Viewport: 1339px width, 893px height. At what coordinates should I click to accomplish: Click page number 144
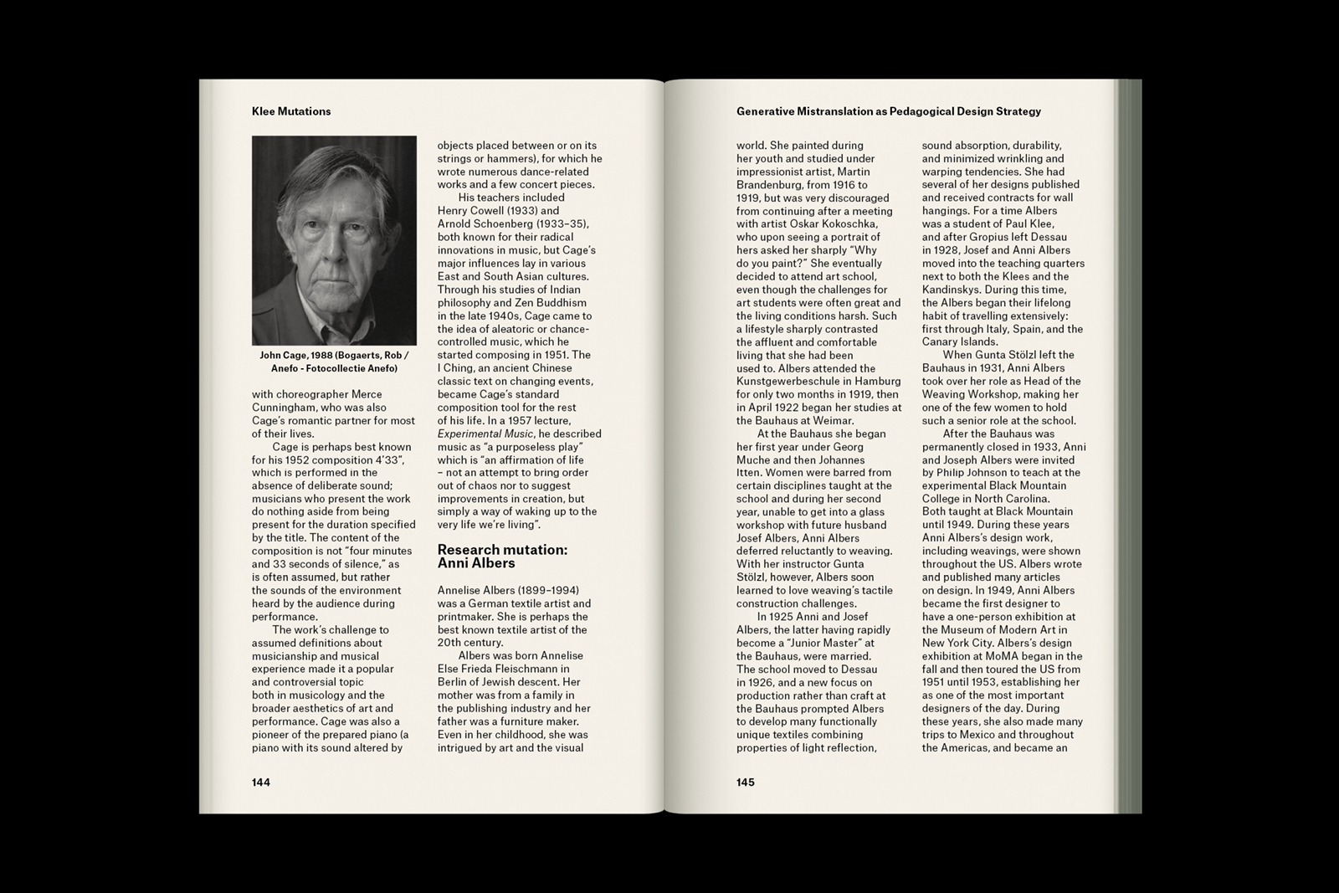point(261,783)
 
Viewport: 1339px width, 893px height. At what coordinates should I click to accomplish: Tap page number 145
point(746,783)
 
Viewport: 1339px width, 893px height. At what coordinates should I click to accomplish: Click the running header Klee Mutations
point(291,111)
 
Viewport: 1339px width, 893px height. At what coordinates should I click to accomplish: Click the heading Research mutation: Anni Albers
point(502,557)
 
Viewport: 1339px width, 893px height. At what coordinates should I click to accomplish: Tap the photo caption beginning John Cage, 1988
point(334,362)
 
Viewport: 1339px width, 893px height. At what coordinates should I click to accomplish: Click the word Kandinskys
point(955,290)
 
